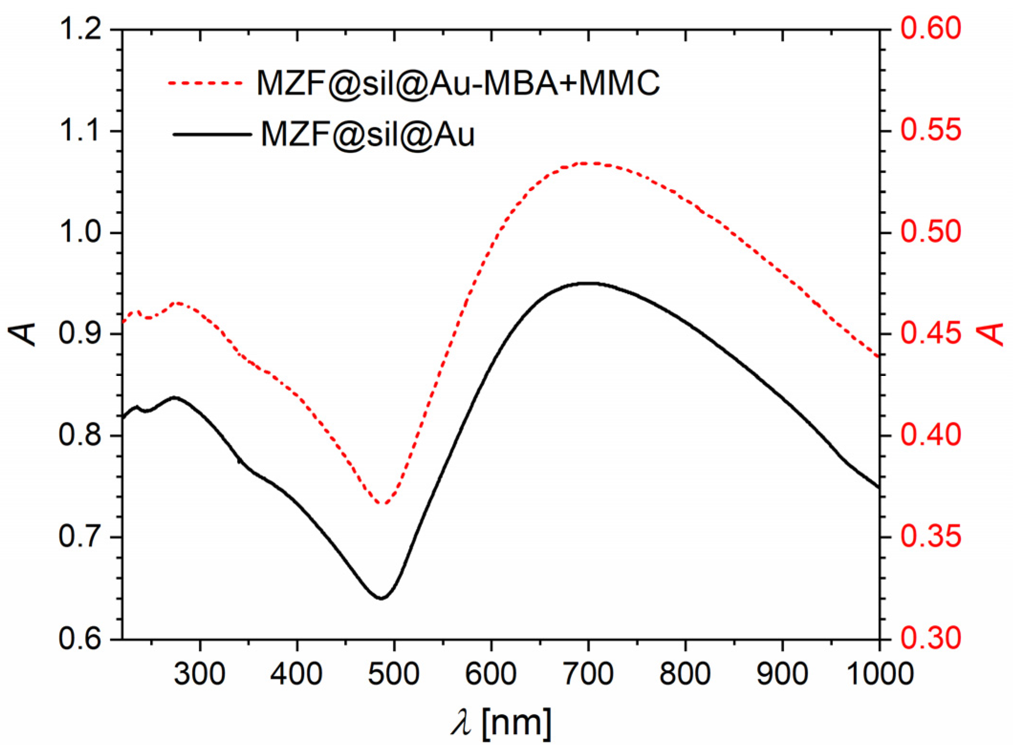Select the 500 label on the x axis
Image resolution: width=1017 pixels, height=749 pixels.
pos(394,674)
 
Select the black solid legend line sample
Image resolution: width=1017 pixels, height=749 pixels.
pos(212,135)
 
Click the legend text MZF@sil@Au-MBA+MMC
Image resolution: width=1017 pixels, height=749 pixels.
pos(458,83)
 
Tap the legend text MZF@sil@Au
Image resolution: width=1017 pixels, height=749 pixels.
pos(367,135)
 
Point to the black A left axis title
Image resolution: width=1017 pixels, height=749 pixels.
pos(24,334)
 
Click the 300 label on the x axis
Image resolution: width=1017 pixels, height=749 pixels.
pos(199,674)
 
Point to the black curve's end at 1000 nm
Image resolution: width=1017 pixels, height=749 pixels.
pos(878,487)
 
